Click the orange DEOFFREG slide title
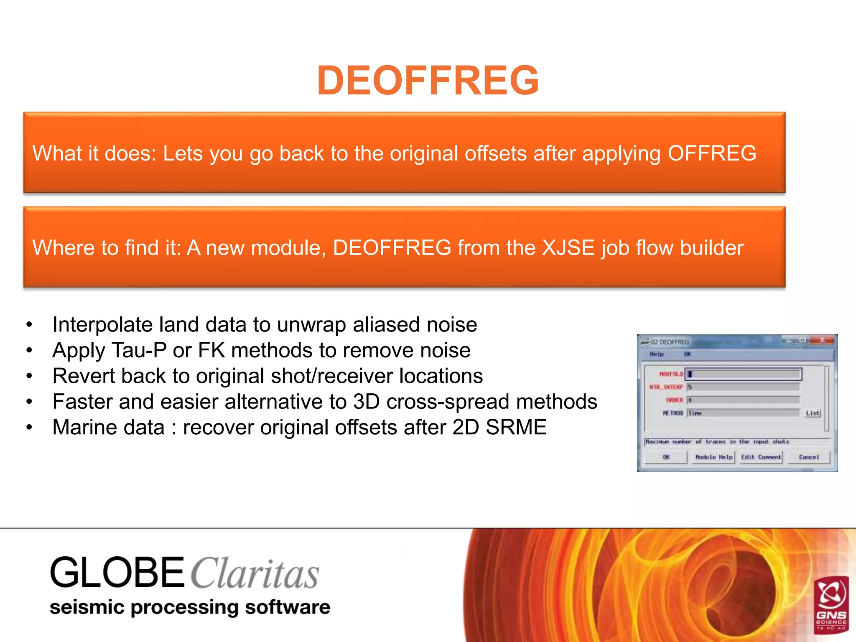click(x=428, y=80)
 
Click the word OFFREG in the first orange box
click(x=712, y=153)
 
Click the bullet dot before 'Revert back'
click(x=29, y=376)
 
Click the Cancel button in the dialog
click(x=808, y=457)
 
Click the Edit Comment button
click(x=761, y=457)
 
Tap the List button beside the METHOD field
click(x=813, y=413)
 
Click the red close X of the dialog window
click(x=821, y=340)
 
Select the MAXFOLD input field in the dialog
click(x=743, y=374)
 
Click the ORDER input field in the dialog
click(x=743, y=400)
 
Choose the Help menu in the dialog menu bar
click(x=657, y=354)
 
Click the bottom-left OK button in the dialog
click(x=666, y=457)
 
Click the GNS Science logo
click(x=831, y=604)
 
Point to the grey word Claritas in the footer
click(x=255, y=574)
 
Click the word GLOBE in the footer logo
click(x=117, y=573)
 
